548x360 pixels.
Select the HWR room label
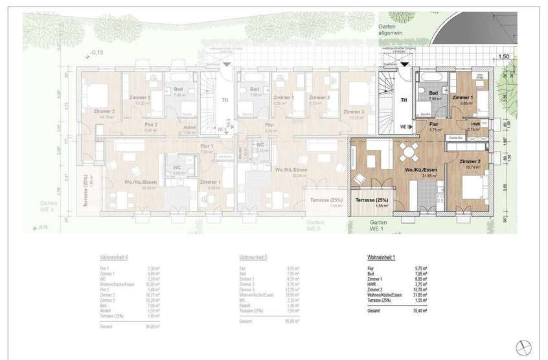click(x=475, y=124)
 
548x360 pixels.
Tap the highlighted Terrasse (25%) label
click(x=371, y=200)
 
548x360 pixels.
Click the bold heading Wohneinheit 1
click(x=382, y=258)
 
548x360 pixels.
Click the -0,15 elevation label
click(x=98, y=52)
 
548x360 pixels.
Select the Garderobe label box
click(x=455, y=138)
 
